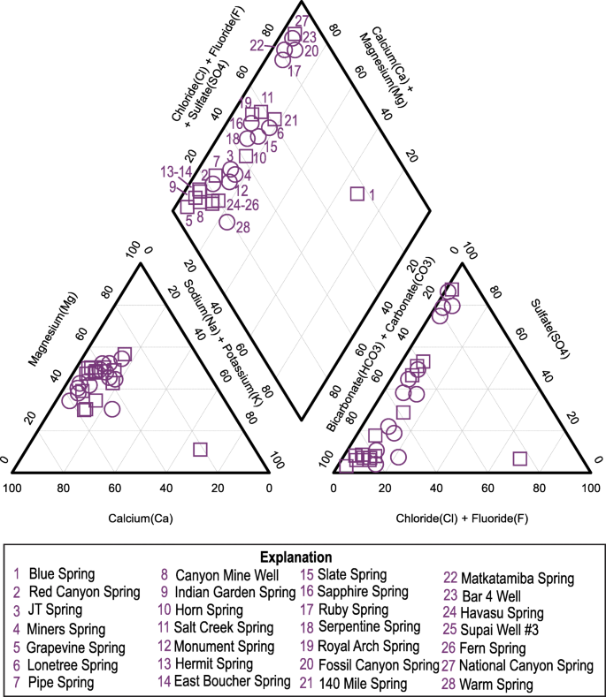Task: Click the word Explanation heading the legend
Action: pyautogui.click(x=295, y=557)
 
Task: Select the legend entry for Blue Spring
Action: pyautogui.click(x=61, y=574)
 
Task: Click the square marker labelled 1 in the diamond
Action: pyautogui.click(x=357, y=193)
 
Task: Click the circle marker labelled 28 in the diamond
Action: pyautogui.click(x=226, y=223)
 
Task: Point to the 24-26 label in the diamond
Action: pyautogui.click(x=242, y=205)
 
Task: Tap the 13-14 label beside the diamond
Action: pyautogui.click(x=176, y=171)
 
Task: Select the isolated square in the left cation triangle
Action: pyautogui.click(x=200, y=450)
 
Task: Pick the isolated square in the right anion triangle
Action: pyautogui.click(x=519, y=458)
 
